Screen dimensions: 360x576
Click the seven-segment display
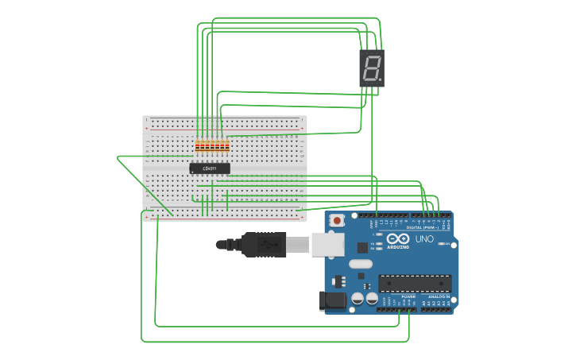[371, 68]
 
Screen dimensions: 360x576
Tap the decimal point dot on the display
[381, 80]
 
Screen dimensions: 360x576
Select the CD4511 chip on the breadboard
[210, 168]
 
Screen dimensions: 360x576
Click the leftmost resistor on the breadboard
[198, 146]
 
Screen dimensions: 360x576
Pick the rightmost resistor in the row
[227, 146]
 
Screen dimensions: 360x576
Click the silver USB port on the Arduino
[327, 244]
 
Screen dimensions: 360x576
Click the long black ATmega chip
[415, 283]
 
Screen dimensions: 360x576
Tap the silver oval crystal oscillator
[360, 264]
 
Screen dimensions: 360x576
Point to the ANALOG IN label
[439, 296]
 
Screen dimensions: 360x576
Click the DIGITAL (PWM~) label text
[422, 227]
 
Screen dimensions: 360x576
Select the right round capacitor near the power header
[371, 299]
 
